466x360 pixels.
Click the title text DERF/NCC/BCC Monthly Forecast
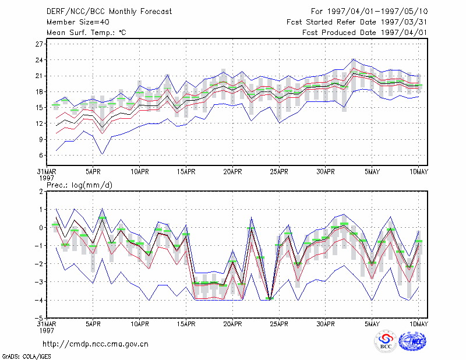pos(109,12)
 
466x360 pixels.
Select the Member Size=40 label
pos(78,22)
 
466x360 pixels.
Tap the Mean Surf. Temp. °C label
pos(86,33)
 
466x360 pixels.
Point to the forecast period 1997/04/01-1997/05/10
pos(369,12)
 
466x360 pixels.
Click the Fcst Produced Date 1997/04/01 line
pos(365,33)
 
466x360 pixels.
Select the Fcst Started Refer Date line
pos(357,22)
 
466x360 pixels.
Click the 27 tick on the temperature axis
pos(40,44)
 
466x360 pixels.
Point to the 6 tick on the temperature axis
pos(41,155)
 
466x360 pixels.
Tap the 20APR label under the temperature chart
pos(232,172)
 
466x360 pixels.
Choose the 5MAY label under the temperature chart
pos(372,172)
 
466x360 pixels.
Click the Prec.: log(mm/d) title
pos(79,185)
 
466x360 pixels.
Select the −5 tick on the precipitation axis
pos(38,318)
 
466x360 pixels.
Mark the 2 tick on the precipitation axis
pos(41,192)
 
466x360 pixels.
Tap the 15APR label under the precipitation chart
pos(186,324)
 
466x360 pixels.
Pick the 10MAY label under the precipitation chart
pos(418,324)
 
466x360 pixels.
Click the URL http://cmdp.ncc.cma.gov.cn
pos(96,344)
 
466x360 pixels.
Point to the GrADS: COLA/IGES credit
pos(26,357)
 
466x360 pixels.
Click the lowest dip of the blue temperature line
pos(103,154)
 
